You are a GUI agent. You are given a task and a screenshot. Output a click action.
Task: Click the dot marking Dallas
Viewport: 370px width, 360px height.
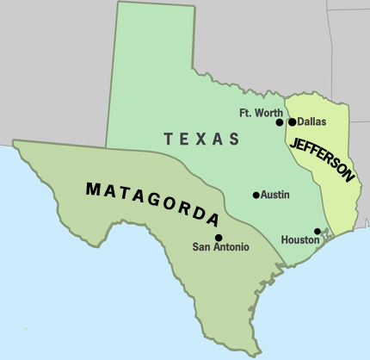pos(292,122)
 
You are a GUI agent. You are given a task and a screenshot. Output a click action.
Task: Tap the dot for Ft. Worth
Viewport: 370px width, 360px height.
pos(280,122)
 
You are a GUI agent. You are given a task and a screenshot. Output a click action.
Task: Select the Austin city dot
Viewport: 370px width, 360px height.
pos(256,195)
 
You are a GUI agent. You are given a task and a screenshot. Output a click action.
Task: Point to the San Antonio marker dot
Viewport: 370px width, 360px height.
pos(219,238)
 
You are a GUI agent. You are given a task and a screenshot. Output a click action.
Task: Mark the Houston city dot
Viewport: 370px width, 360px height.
pos(318,231)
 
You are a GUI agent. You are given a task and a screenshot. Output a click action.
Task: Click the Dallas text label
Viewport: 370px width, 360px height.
pos(311,122)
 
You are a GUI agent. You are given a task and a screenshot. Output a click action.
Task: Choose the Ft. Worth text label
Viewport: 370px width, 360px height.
pos(259,112)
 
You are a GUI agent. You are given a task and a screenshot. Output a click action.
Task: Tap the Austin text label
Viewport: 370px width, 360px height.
pos(275,195)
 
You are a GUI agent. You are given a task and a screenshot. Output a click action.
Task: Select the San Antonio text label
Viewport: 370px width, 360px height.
pos(220,248)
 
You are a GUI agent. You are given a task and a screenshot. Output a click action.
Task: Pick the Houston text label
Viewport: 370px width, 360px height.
pos(300,241)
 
